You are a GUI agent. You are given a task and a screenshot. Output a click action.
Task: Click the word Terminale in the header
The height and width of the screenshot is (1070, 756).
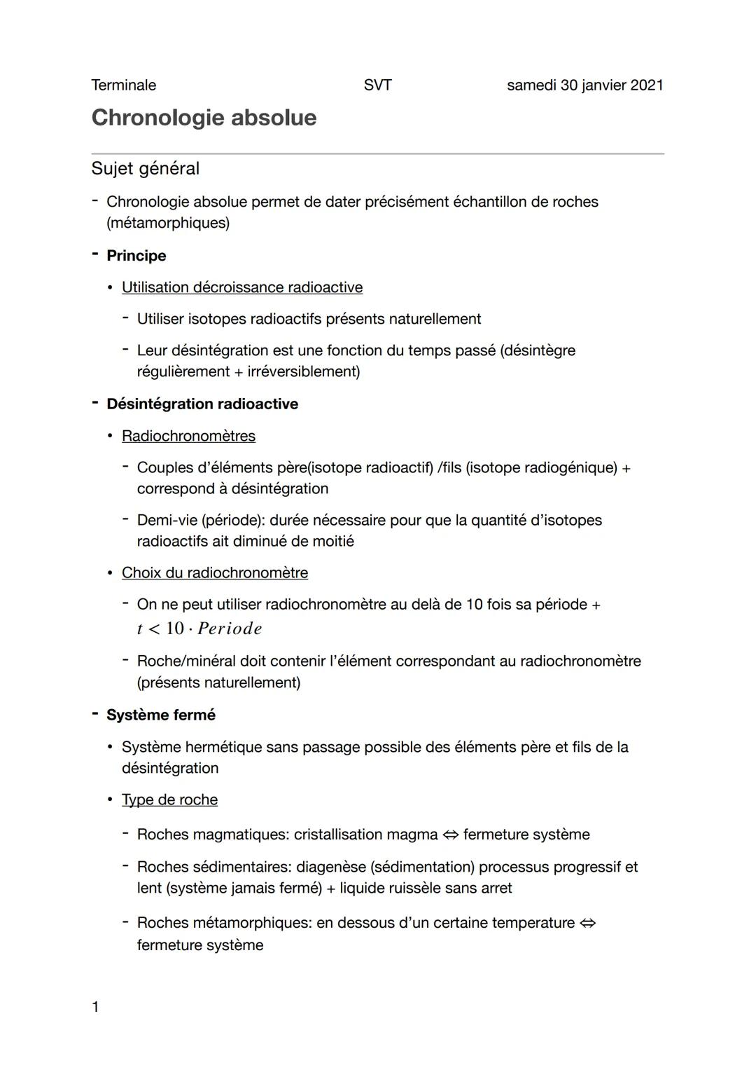tap(123, 85)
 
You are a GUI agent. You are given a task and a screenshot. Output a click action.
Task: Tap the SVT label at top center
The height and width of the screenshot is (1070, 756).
tap(377, 85)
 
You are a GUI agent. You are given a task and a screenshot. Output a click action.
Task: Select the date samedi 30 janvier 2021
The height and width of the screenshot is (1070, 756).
tap(584, 85)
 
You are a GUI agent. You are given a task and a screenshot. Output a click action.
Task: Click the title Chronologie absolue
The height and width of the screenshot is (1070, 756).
tap(204, 118)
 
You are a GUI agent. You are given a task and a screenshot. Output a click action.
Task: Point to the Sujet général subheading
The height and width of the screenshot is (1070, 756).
tap(145, 169)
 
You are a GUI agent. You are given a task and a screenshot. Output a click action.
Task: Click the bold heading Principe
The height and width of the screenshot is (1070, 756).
tap(136, 256)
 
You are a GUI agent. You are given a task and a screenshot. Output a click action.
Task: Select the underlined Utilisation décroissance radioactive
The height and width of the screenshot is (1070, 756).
tap(242, 287)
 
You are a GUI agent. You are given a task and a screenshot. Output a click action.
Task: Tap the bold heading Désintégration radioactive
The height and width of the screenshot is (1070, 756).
tap(202, 404)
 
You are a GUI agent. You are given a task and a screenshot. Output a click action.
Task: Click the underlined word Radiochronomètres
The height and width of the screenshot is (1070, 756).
tap(188, 436)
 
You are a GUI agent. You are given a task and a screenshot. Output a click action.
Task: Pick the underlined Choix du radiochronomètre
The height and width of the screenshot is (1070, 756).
tap(214, 572)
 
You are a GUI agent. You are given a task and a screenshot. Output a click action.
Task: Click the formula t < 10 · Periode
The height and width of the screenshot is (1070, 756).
tap(199, 629)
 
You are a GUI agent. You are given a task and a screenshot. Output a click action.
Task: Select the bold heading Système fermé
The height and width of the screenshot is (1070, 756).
tap(160, 715)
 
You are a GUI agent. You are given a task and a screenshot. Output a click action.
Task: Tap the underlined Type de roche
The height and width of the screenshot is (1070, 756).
tap(169, 800)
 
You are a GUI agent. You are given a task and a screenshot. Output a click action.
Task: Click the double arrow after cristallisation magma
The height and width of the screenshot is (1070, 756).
tap(450, 835)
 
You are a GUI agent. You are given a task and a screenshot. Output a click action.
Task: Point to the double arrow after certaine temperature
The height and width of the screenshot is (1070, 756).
tap(587, 924)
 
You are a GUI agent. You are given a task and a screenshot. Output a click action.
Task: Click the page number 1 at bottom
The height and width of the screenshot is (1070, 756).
tap(95, 1007)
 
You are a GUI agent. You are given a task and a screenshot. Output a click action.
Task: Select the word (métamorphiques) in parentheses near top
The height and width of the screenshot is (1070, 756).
tap(168, 224)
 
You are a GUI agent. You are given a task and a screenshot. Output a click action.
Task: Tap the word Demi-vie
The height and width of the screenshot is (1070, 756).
tap(166, 520)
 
